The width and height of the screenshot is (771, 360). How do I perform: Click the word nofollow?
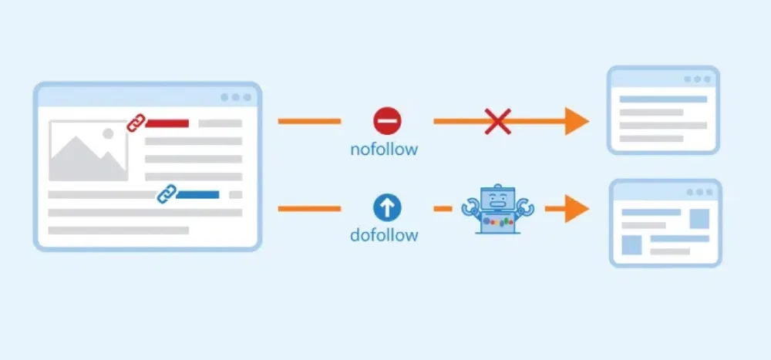(x=383, y=149)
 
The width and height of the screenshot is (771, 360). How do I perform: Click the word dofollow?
(x=383, y=234)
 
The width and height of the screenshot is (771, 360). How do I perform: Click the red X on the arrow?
(x=497, y=121)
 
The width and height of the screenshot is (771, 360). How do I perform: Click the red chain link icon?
(x=136, y=123)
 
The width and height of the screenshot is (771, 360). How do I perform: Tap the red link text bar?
(x=167, y=123)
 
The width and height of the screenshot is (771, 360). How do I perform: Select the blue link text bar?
(x=198, y=194)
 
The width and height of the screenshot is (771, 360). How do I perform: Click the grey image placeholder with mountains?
(x=88, y=150)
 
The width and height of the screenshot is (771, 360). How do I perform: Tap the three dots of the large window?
(x=236, y=98)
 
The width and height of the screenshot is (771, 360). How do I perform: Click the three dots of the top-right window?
(x=698, y=79)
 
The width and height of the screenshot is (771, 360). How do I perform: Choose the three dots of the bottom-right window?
(x=699, y=192)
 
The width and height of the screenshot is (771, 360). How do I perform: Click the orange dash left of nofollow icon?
(x=308, y=121)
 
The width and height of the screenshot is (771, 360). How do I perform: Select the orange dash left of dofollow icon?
(x=308, y=208)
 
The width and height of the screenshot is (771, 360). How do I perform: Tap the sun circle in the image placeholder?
(x=108, y=133)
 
